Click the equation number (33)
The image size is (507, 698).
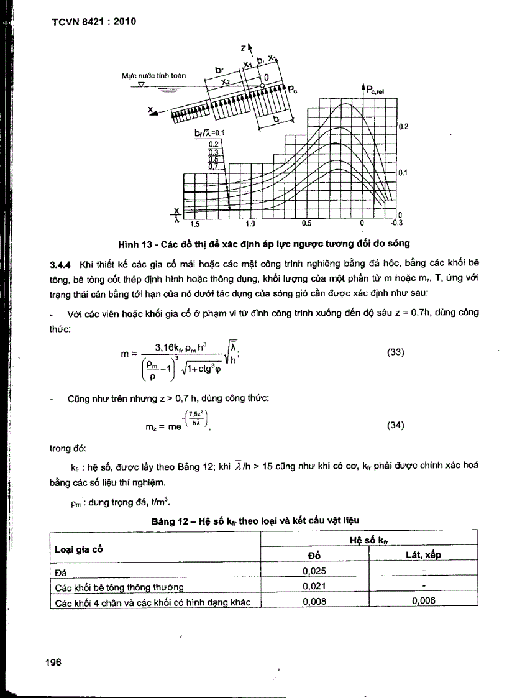click(x=396, y=351)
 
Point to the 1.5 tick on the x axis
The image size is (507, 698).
click(x=194, y=223)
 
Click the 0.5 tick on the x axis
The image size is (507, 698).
click(x=306, y=223)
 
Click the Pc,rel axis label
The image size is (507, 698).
click(x=375, y=90)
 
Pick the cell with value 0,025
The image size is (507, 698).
click(x=314, y=570)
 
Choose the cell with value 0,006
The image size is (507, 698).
click(x=423, y=600)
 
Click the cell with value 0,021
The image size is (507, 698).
click(x=314, y=585)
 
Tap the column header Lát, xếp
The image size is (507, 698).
click(x=423, y=555)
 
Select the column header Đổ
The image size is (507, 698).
click(x=314, y=555)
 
